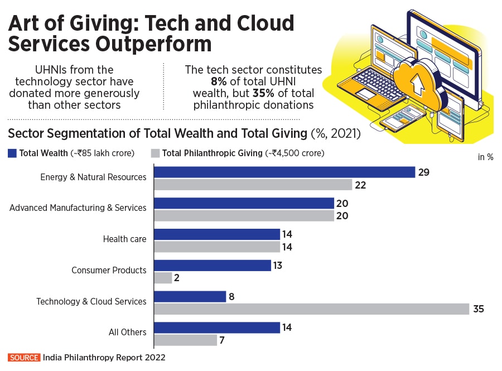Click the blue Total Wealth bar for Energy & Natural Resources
284,172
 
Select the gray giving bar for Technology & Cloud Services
311,309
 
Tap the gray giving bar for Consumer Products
162,277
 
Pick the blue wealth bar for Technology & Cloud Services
189,296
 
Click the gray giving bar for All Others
185,339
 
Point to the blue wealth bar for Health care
216,234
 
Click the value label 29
424,172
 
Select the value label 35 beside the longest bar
478,309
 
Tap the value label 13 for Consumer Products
277,265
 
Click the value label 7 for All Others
222,339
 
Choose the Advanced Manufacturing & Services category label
78,208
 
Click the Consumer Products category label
109,270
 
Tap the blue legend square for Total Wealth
12,153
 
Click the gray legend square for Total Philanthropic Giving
156,153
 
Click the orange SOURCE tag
24,358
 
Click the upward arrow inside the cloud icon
415,84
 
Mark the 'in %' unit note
485,157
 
